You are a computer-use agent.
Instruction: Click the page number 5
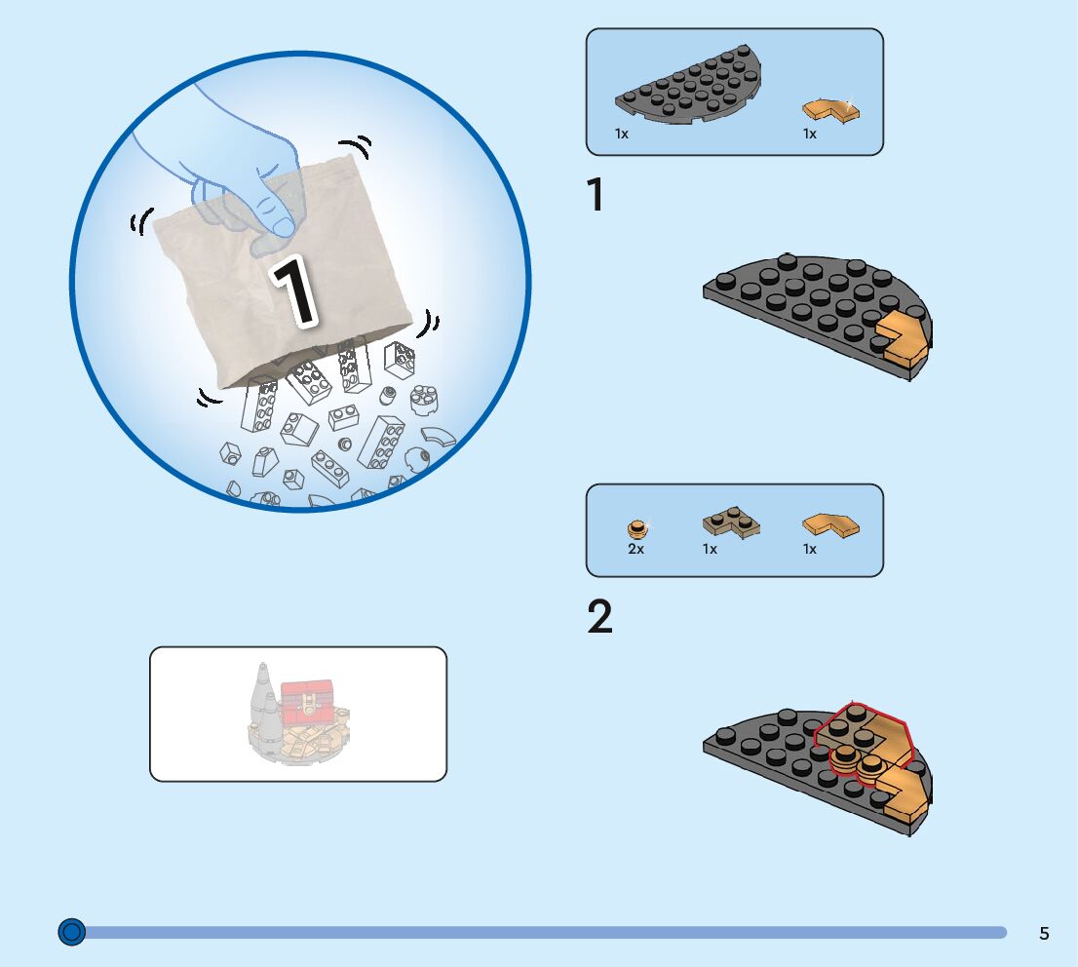pyautogui.click(x=1044, y=934)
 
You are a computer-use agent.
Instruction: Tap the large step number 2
pyautogui.click(x=600, y=617)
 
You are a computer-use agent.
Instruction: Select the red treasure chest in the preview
pyautogui.click(x=307, y=701)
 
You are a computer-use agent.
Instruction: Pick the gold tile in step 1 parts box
pyautogui.click(x=830, y=109)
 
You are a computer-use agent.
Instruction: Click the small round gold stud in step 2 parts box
pyautogui.click(x=636, y=529)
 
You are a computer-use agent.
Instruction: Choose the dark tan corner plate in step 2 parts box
pyautogui.click(x=731, y=524)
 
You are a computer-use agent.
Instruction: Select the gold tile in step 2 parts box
pyautogui.click(x=830, y=525)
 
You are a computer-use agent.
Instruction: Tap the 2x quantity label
pyautogui.click(x=635, y=550)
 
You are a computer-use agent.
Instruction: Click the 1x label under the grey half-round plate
pyautogui.click(x=622, y=134)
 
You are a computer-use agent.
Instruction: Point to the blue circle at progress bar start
pyautogui.click(x=71, y=932)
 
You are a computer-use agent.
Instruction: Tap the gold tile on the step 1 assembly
pyautogui.click(x=903, y=345)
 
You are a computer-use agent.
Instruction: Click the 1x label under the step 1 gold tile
pyautogui.click(x=809, y=134)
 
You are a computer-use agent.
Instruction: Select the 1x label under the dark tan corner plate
pyautogui.click(x=710, y=550)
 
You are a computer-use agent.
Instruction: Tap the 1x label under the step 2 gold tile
pyautogui.click(x=809, y=550)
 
